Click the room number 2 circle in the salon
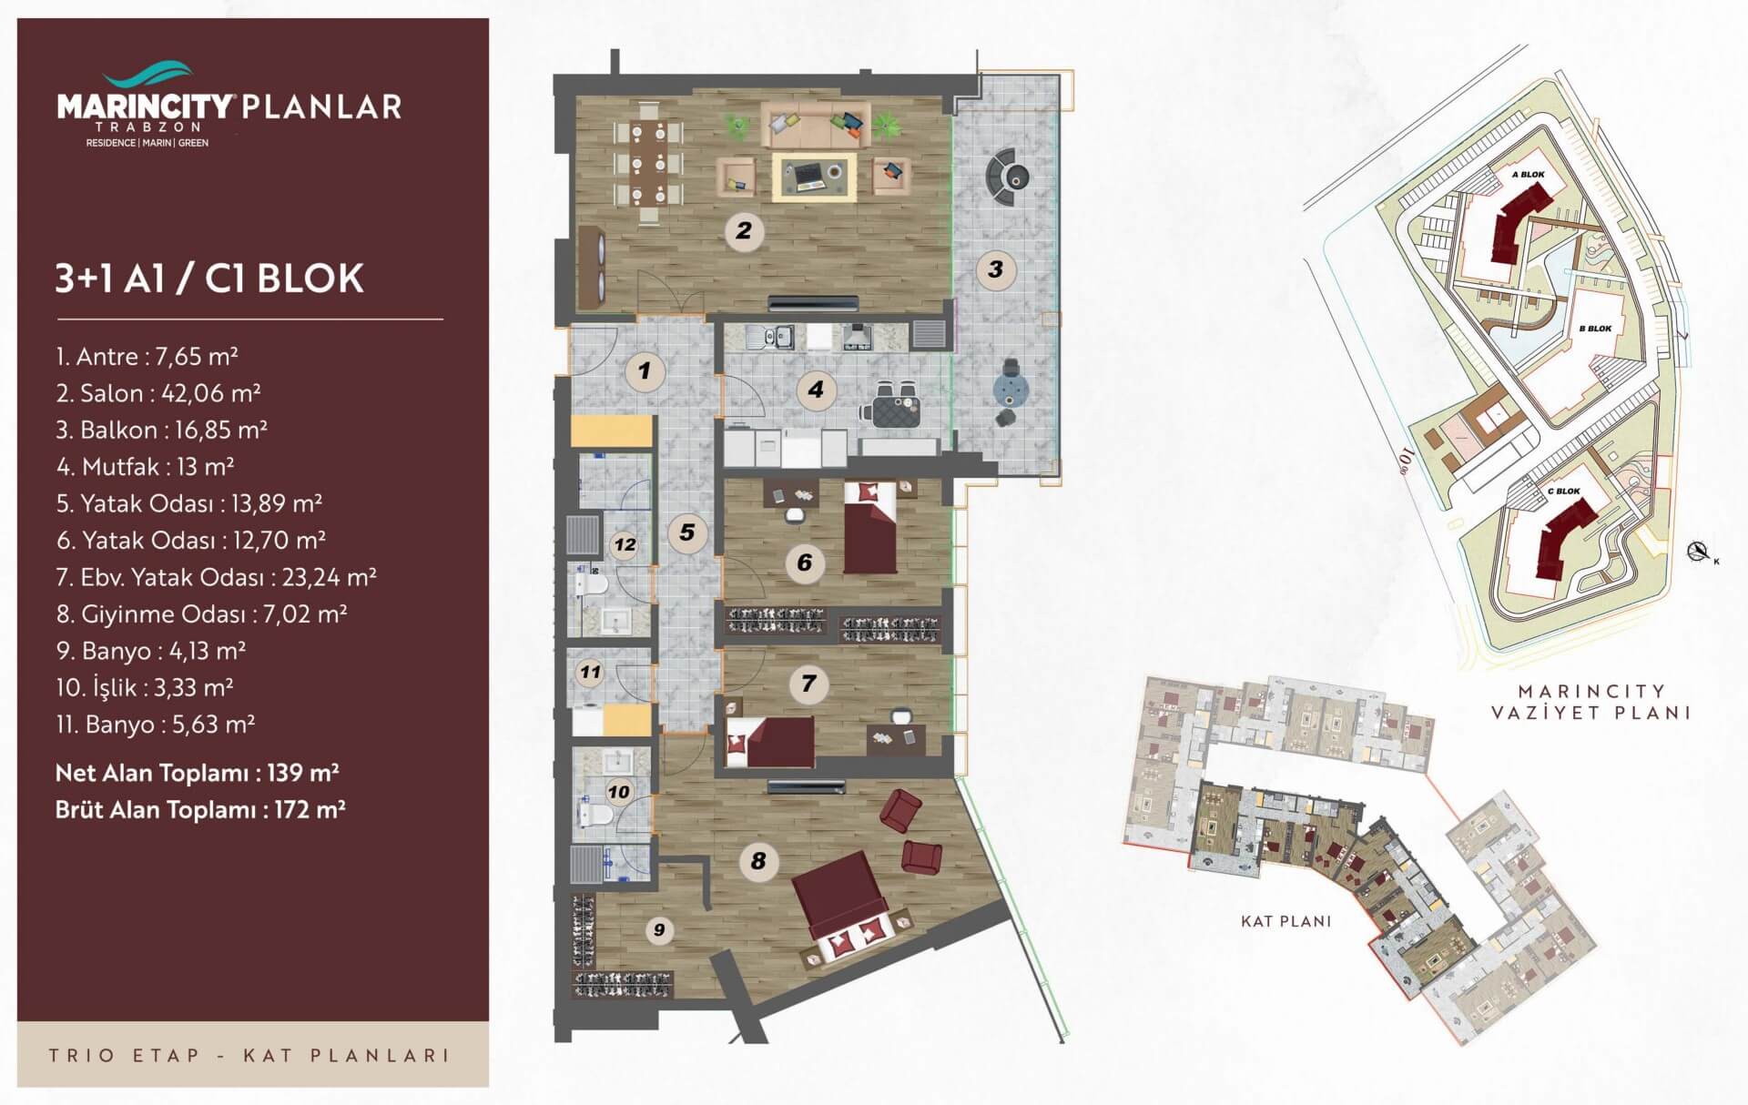[744, 230]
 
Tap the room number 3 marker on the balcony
[995, 269]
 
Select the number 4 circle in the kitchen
[816, 390]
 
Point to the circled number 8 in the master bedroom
[758, 860]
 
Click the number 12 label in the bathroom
[625, 545]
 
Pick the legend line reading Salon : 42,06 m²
[158, 393]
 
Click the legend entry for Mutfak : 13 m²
[146, 467]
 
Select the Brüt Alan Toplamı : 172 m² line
[200, 809]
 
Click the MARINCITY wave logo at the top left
[147, 72]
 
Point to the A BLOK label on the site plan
[1528, 175]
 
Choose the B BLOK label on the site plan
[1595, 329]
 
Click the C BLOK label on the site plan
[1564, 492]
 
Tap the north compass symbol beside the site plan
[1696, 550]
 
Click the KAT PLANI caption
[1286, 921]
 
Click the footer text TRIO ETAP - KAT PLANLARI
[249, 1056]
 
